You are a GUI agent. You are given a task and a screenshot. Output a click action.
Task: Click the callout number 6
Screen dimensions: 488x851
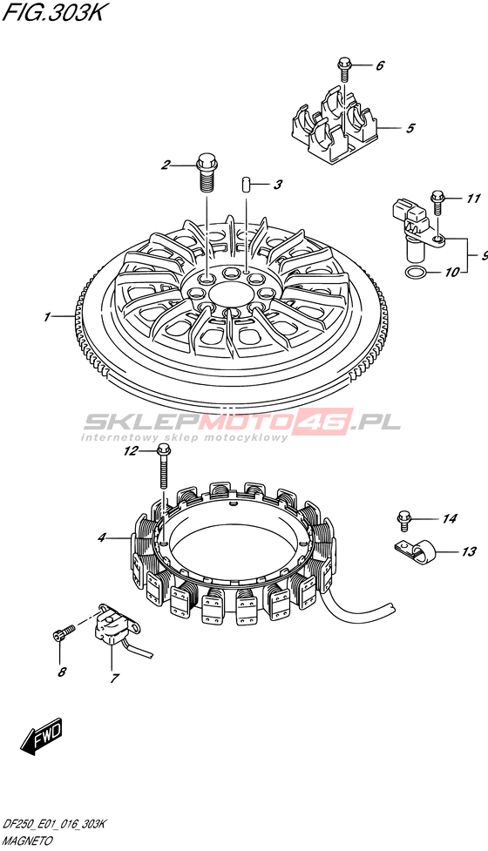click(x=379, y=65)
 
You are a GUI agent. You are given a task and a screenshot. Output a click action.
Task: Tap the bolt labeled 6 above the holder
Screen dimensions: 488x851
click(x=343, y=67)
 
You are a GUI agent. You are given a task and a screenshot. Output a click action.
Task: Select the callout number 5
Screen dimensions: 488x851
click(x=410, y=128)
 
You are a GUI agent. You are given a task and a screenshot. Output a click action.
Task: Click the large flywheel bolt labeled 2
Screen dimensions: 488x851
click(x=207, y=172)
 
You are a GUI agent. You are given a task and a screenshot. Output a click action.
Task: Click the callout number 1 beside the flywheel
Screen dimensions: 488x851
click(x=48, y=316)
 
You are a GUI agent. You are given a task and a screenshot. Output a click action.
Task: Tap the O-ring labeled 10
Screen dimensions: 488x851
click(x=416, y=272)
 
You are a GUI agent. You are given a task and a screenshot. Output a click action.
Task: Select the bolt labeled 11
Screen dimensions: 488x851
click(x=438, y=202)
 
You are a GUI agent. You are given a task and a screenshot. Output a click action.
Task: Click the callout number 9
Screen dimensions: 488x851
click(x=483, y=255)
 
